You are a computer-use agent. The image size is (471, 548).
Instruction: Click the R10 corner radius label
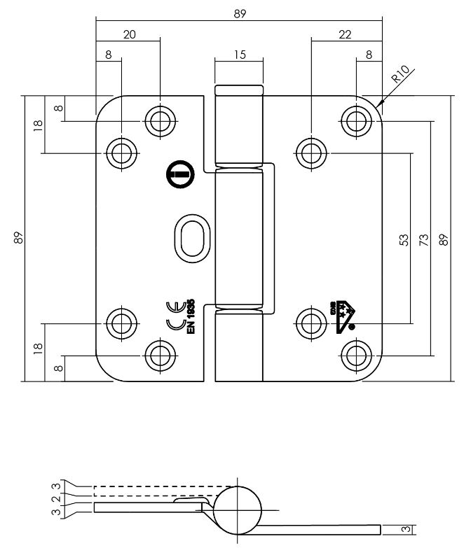[x=404, y=75]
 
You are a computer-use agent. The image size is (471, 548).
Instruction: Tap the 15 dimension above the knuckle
[x=240, y=55]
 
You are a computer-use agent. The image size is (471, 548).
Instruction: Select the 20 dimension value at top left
[x=129, y=34]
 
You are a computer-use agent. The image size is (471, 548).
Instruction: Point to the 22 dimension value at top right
[x=345, y=34]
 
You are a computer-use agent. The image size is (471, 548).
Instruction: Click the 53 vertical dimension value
[x=404, y=239]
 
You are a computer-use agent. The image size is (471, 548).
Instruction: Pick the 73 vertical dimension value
[x=424, y=239]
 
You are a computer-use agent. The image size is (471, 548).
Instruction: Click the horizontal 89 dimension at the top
[x=240, y=14]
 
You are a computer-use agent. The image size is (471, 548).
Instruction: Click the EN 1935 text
[x=191, y=319]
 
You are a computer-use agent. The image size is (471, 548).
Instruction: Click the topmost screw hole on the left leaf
[x=161, y=121]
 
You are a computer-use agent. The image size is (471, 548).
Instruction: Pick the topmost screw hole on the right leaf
[x=356, y=120]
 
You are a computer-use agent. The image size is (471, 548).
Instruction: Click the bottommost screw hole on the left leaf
[x=161, y=353]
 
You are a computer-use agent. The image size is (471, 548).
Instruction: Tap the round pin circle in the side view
[x=240, y=510]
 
